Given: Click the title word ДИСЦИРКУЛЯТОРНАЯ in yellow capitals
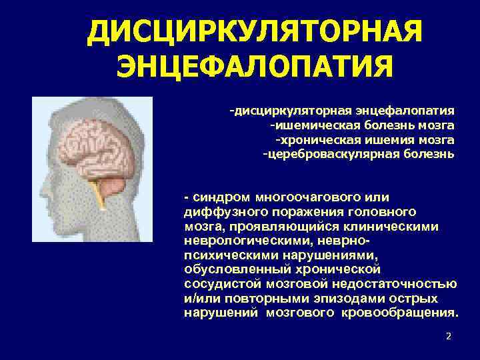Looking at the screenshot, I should (255, 31).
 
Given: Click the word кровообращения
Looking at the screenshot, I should (407, 313).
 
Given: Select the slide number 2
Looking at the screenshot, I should (449, 336).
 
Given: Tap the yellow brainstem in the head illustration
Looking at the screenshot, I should (101, 194).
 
